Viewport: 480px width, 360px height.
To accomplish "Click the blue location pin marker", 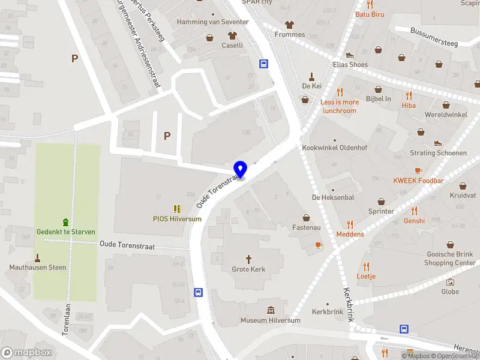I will [240, 170].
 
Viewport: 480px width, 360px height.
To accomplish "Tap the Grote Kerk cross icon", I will [249, 257].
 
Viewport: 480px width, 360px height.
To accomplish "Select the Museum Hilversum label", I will [270, 320].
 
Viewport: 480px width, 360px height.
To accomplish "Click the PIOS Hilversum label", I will [177, 219].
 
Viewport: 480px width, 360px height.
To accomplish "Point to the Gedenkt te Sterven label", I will [66, 232].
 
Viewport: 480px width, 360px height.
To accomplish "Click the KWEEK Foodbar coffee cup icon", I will [418, 170].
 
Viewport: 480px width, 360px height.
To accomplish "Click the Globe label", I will [450, 292].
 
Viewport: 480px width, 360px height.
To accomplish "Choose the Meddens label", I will [350, 234].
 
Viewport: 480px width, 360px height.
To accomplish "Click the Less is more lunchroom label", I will [340, 106].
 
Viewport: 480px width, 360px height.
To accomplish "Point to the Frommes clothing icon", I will [290, 25].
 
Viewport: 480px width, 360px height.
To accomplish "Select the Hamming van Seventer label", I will [212, 22].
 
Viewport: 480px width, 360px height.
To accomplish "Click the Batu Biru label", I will [370, 14].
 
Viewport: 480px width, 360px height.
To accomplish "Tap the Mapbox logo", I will [26, 353].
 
